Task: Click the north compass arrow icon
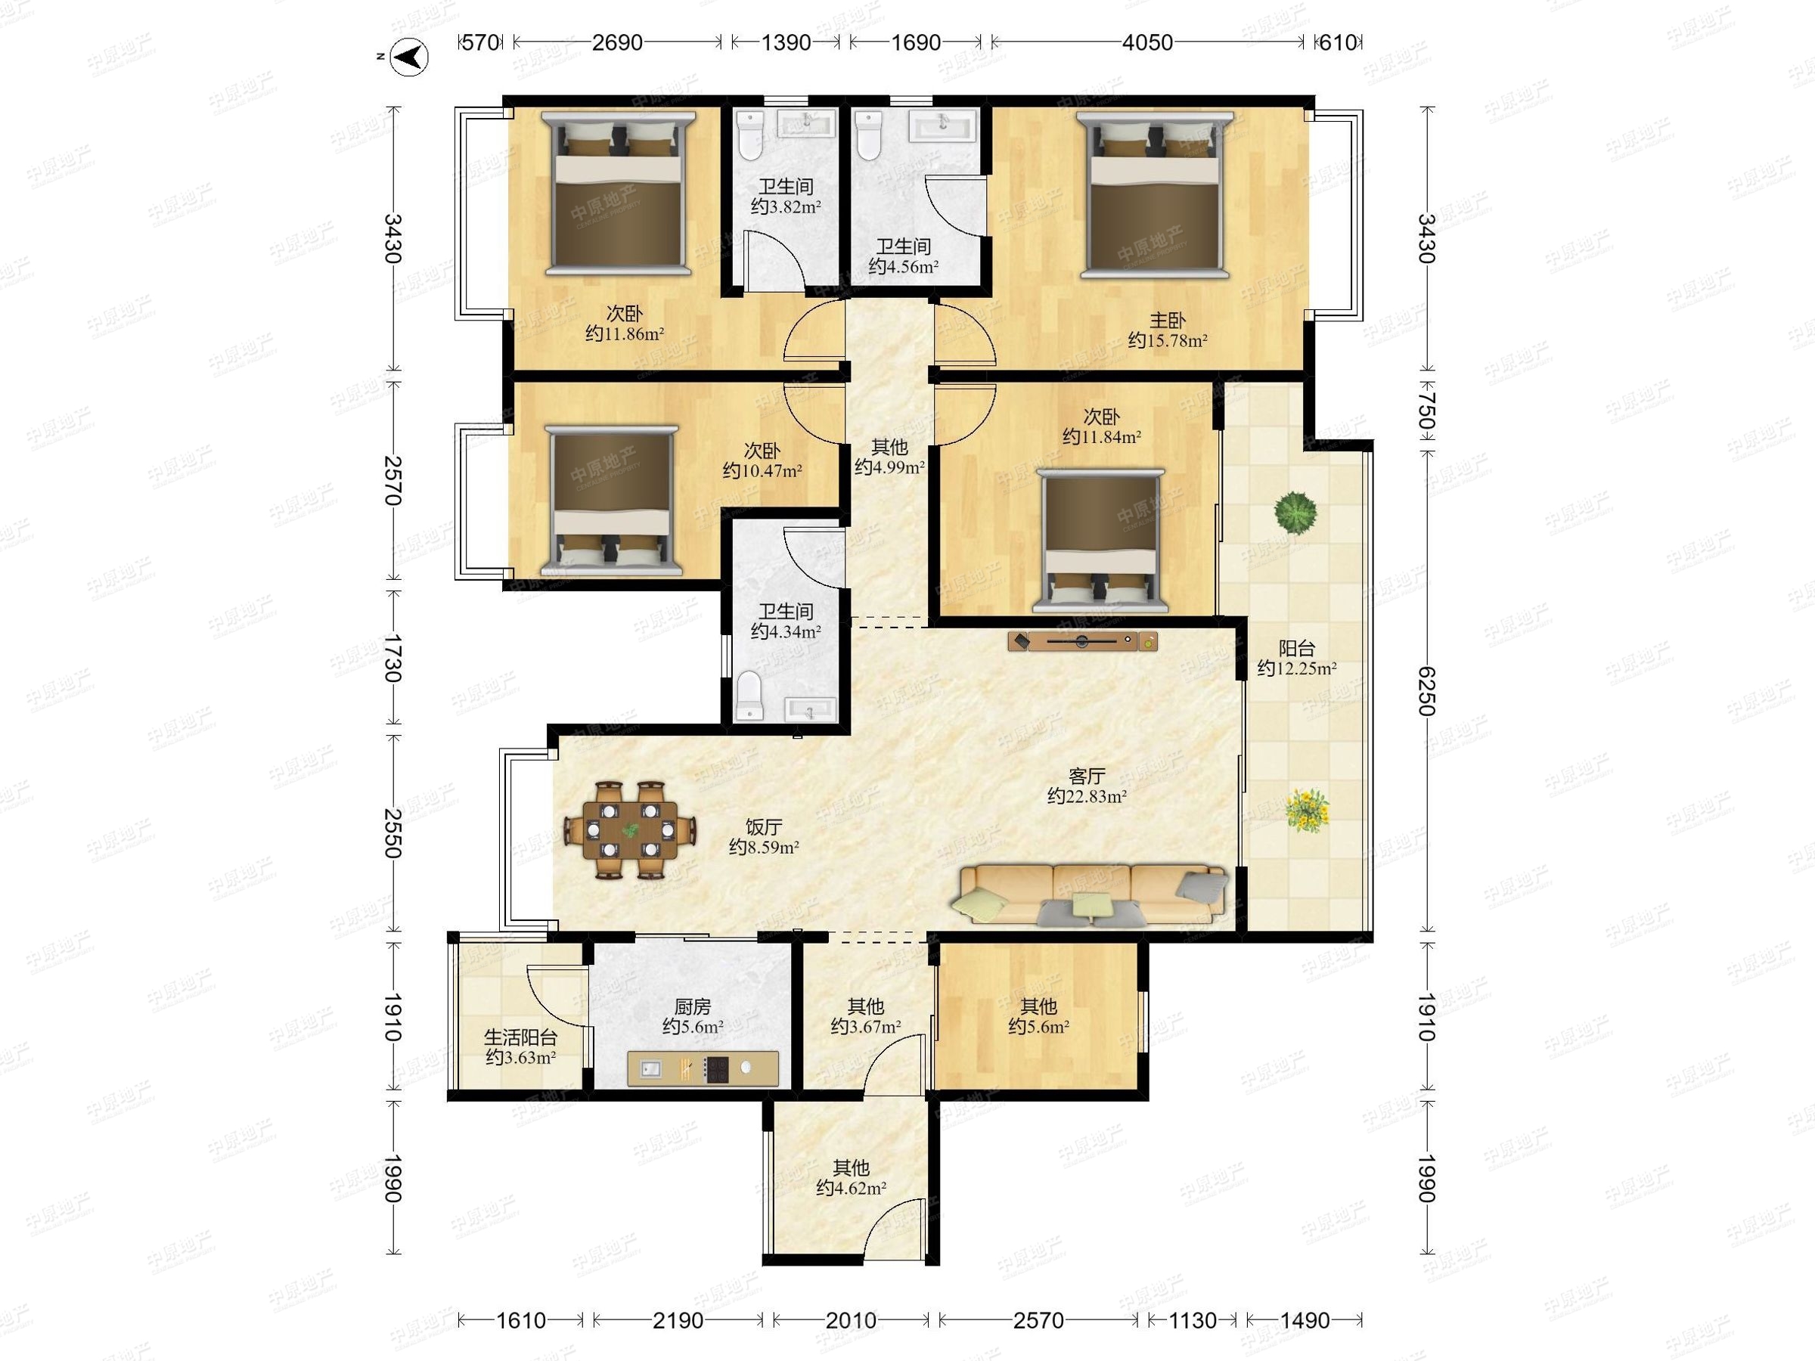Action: [x=408, y=56]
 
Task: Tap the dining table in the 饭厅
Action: [x=630, y=830]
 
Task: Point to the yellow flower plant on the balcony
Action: [x=1306, y=810]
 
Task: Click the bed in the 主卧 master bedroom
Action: [x=1155, y=194]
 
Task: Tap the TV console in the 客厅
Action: [x=1083, y=640]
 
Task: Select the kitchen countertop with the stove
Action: [x=703, y=1068]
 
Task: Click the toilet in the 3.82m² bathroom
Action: [x=750, y=135]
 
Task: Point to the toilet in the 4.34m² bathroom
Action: [x=750, y=696]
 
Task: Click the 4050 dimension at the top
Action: [x=1147, y=42]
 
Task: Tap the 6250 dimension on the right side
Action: [x=1427, y=691]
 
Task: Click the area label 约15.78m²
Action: [x=1167, y=340]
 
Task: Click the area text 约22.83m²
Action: [x=1087, y=795]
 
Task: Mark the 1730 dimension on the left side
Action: [x=393, y=658]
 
